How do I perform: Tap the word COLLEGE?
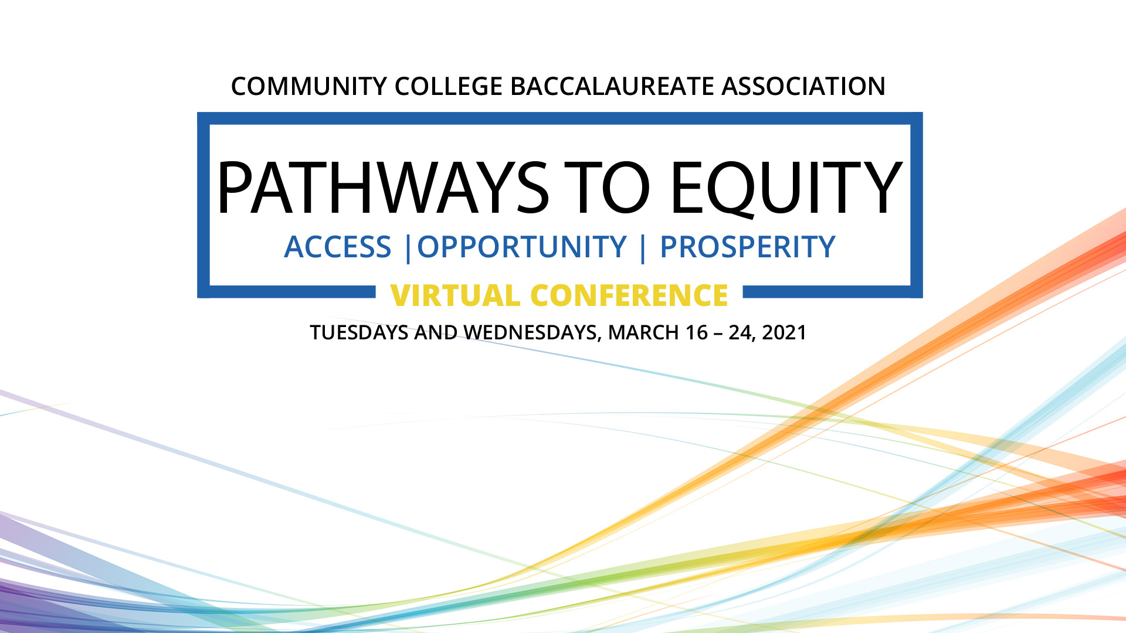coord(449,86)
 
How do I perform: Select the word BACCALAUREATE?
coord(612,86)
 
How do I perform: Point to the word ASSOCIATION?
coord(803,86)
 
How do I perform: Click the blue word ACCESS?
coord(338,247)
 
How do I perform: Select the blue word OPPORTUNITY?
coord(522,247)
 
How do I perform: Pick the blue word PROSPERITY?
coord(748,247)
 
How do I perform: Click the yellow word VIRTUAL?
coord(455,295)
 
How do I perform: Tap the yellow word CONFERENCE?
coord(629,295)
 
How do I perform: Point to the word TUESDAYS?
coord(359,333)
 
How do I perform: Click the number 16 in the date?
coord(697,333)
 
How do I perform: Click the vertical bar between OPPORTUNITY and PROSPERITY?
coord(643,249)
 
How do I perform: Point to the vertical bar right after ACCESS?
coord(408,249)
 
